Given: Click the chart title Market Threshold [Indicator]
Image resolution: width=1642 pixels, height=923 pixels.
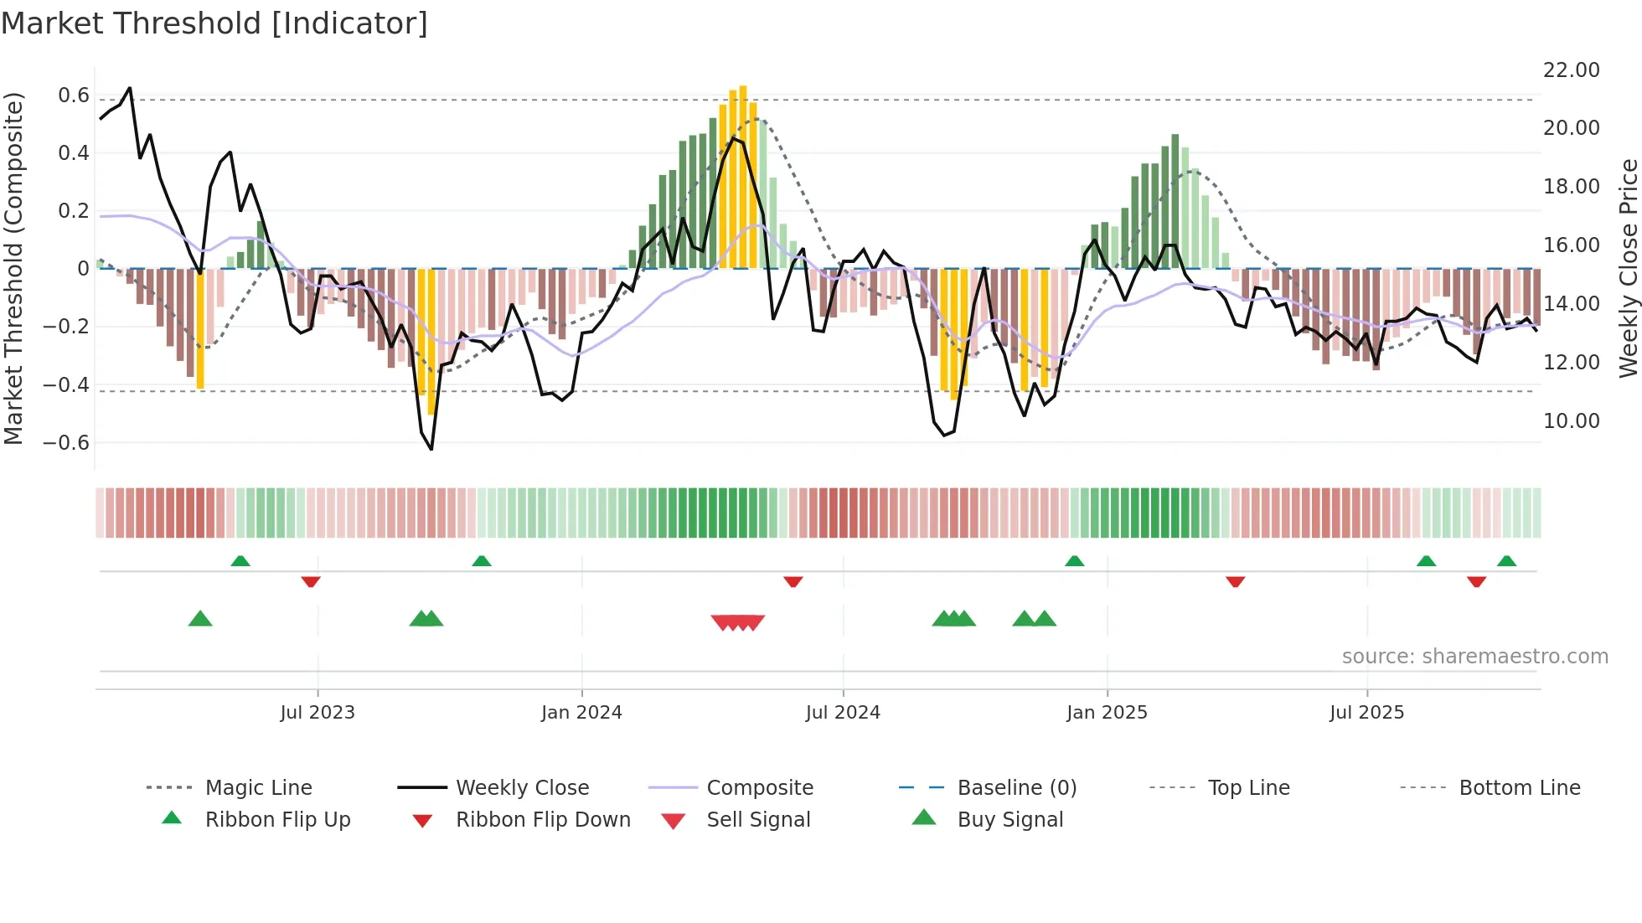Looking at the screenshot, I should [x=214, y=23].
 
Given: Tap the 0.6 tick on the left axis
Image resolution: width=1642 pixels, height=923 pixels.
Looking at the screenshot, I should [x=74, y=95].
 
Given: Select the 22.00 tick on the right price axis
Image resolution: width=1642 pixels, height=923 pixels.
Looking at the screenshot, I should [x=1571, y=70].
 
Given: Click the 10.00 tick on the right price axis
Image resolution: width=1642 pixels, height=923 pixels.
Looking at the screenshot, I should [x=1571, y=421].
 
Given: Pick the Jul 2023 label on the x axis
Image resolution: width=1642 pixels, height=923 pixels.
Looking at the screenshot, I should [x=318, y=713].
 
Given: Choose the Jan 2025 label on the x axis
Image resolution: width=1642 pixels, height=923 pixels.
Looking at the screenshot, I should [x=1107, y=713].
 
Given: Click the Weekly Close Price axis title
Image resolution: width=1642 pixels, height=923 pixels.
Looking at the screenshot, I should [x=1628, y=268].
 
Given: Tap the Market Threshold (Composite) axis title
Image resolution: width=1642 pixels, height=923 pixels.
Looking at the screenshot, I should [x=13, y=268].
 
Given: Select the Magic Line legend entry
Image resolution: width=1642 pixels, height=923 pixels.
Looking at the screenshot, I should [x=258, y=788].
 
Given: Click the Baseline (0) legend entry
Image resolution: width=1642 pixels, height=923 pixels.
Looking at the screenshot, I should [x=1016, y=788].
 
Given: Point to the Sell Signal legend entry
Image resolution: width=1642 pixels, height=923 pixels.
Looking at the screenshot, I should [x=758, y=820].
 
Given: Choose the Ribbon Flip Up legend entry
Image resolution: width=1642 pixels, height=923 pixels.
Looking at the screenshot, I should [x=277, y=820].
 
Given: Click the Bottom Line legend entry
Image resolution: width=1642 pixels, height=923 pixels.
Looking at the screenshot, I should [x=1519, y=788].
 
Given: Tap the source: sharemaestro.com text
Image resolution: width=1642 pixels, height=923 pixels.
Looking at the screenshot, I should [x=1474, y=657].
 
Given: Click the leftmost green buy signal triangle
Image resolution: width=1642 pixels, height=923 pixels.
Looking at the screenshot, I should [x=200, y=619].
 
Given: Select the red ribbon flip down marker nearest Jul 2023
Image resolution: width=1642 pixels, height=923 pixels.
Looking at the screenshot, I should [x=311, y=581].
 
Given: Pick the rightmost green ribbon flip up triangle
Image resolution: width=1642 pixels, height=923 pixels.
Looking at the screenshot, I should [x=1506, y=561].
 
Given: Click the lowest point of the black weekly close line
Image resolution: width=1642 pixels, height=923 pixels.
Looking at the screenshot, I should [x=431, y=449].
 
